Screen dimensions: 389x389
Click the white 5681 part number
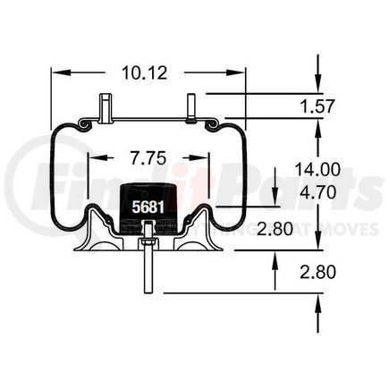tap(147, 207)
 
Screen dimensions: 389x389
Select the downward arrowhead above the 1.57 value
tap(317, 85)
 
